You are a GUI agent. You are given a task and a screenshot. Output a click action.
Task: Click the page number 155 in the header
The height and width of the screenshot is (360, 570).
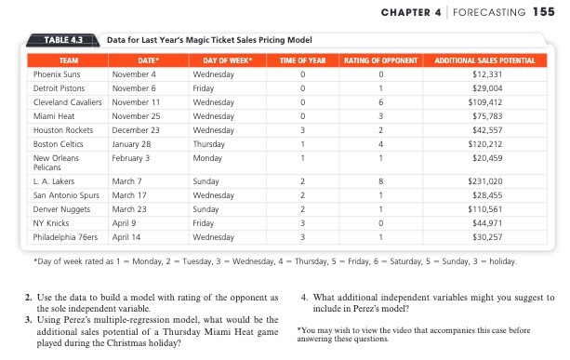(540, 11)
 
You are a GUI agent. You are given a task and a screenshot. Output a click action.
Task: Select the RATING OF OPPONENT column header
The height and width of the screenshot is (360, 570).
(380, 60)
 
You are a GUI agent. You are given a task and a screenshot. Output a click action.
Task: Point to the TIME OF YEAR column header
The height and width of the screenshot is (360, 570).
(302, 60)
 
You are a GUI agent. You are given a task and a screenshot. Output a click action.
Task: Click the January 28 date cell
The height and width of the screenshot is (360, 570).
(131, 143)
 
